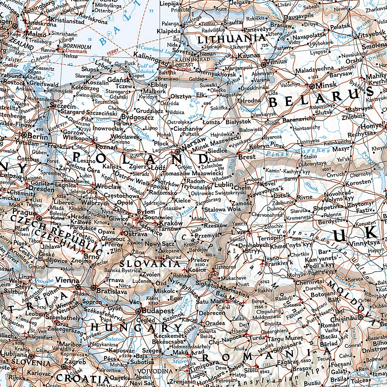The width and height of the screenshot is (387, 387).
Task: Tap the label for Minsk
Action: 326,85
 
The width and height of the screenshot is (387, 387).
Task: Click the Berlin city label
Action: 38,137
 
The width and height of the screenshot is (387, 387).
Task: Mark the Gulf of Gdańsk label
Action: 146,68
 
